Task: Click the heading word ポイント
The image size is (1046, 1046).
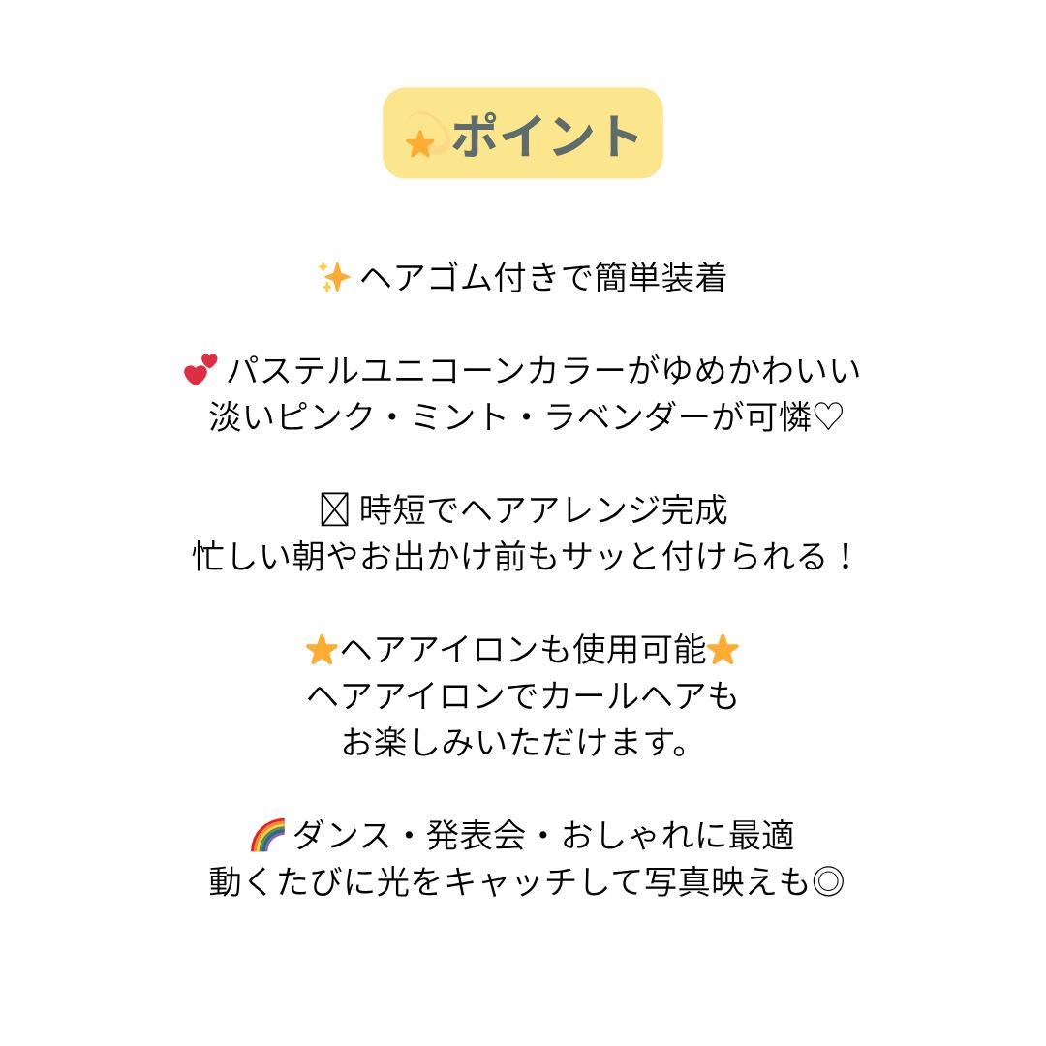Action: pos(545,135)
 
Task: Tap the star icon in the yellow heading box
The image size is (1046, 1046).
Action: pos(420,143)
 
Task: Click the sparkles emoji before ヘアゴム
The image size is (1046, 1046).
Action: pos(334,278)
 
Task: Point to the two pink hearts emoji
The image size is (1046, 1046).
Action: pos(200,370)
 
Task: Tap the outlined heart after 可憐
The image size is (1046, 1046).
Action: pos(828,417)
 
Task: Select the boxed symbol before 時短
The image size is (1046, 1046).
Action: pos(333,510)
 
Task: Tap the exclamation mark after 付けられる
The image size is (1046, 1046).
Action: pos(845,557)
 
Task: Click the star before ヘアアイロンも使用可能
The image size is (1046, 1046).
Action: pos(320,651)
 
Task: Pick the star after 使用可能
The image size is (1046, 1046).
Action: pos(723,651)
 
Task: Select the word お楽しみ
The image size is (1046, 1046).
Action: pos(407,743)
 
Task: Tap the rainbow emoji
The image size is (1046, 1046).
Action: pos(267,835)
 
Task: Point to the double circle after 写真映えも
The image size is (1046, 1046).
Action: pos(828,881)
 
